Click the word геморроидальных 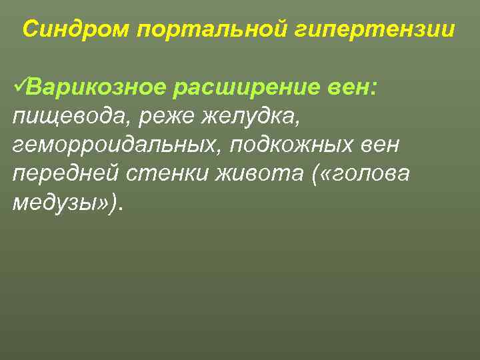point(116,145)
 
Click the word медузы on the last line point(54,203)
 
